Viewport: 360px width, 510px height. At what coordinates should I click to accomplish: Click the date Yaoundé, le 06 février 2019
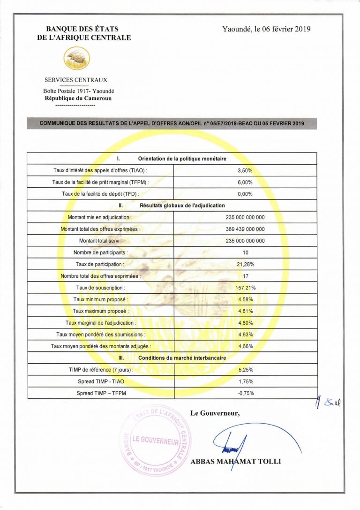tap(266, 29)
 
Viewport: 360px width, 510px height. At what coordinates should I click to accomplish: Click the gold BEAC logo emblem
tap(76, 59)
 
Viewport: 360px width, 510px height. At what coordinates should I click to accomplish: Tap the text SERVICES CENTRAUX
tap(75, 80)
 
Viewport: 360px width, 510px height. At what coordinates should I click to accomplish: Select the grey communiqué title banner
tap(172, 123)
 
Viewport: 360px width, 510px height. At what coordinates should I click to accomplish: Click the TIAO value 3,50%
tap(245, 171)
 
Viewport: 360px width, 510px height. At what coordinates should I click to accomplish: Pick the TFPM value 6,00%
tap(245, 183)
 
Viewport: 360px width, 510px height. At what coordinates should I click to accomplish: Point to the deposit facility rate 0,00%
tap(245, 194)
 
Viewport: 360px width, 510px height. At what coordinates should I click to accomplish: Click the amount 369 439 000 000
tap(245, 229)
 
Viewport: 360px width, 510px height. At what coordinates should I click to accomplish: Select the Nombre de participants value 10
tap(245, 252)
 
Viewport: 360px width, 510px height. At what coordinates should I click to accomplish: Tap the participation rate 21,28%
tap(245, 264)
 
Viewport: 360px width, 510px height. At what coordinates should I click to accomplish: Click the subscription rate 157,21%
tap(245, 288)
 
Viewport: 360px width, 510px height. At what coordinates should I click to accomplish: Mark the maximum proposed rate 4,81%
tap(245, 311)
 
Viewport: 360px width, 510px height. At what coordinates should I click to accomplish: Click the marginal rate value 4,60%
tap(245, 323)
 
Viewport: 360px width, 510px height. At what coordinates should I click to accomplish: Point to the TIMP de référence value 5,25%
tap(245, 370)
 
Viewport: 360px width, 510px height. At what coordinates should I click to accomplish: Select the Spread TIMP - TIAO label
tap(101, 381)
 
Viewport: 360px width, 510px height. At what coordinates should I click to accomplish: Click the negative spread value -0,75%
tap(245, 393)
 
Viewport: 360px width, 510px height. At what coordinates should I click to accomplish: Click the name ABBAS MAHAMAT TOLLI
tap(236, 462)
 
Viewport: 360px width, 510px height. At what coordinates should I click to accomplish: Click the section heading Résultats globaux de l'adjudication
tap(182, 206)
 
